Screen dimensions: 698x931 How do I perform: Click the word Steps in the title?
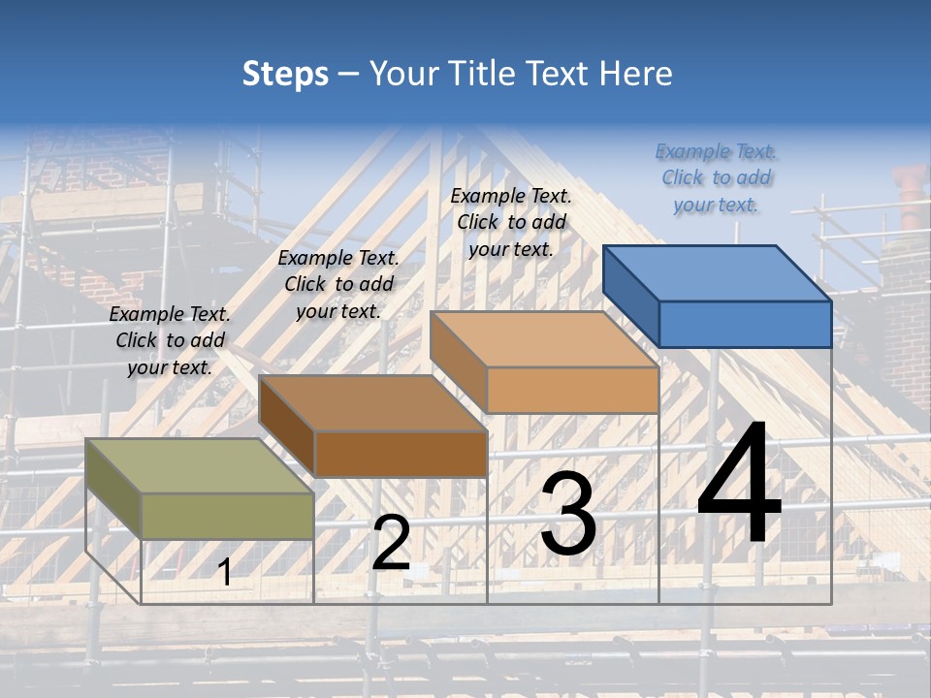pyautogui.click(x=285, y=74)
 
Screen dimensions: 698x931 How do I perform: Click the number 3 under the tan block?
pyautogui.click(x=568, y=514)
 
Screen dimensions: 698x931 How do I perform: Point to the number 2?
pyautogui.click(x=392, y=543)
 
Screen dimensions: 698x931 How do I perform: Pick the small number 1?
pyautogui.click(x=225, y=572)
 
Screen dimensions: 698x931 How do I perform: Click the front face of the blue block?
pyautogui.click(x=745, y=324)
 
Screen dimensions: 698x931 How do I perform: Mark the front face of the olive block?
pyautogui.click(x=227, y=516)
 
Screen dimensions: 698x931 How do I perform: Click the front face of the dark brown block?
pyautogui.click(x=400, y=454)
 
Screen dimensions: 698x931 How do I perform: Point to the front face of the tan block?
pyautogui.click(x=572, y=390)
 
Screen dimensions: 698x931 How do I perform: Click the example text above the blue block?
pyautogui.click(x=716, y=178)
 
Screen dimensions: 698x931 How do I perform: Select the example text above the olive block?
pyautogui.click(x=170, y=340)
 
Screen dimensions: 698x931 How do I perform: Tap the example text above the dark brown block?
pyautogui.click(x=338, y=284)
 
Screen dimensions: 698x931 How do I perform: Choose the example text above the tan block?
pyautogui.click(x=511, y=222)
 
